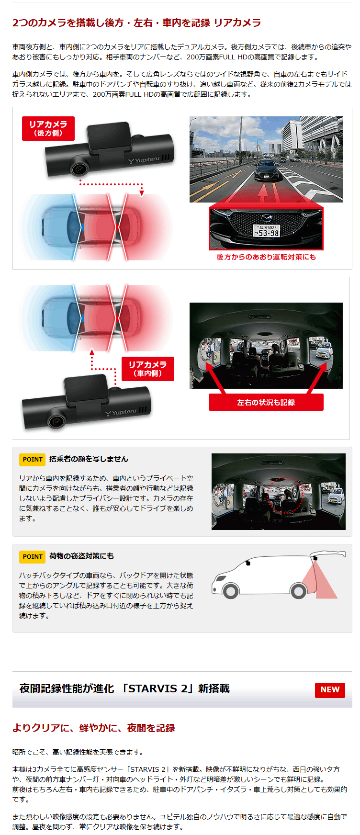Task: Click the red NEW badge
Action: tap(330, 689)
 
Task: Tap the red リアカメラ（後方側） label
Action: tap(48, 128)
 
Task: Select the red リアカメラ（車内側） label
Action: tap(148, 369)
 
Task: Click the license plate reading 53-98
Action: tap(267, 231)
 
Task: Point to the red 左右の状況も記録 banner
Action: tap(266, 402)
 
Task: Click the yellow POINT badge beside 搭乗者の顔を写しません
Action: tap(33, 459)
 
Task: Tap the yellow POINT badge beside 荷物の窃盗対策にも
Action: tap(33, 556)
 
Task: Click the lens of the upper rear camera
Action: tap(79, 168)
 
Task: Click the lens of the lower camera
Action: tap(56, 421)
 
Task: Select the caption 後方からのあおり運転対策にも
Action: tap(266, 257)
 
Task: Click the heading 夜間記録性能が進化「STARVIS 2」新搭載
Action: tap(124, 688)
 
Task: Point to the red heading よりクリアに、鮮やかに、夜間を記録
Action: tap(94, 728)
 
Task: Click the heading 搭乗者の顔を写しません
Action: tap(89, 459)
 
